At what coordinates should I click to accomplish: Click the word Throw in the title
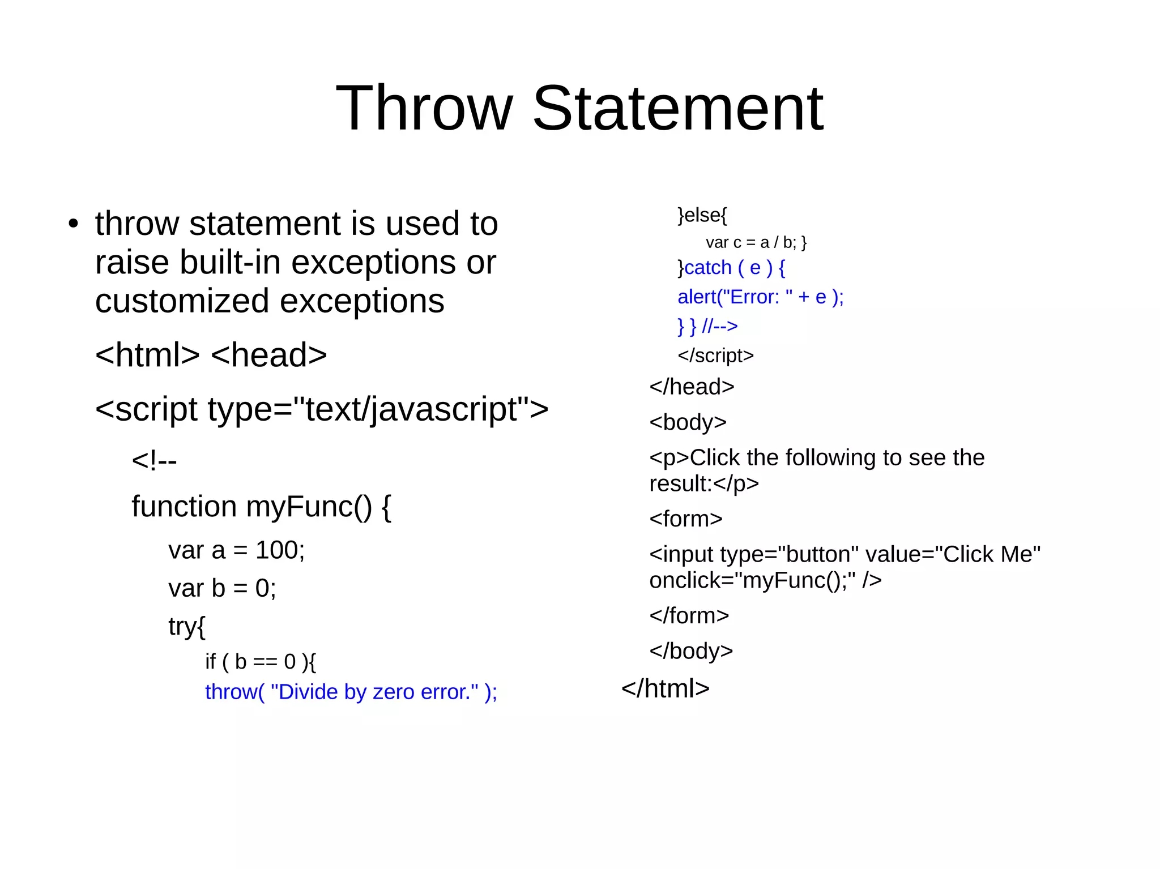coord(424,108)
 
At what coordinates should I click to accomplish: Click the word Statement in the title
coord(677,108)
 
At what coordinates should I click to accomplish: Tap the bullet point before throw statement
coord(73,224)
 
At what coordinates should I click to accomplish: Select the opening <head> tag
coord(268,355)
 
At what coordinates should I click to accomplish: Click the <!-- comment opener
coord(154,460)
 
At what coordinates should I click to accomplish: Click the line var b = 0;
coord(222,588)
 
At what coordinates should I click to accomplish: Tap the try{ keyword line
coord(187,626)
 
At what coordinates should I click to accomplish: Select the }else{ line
coord(702,215)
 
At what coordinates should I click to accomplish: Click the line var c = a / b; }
coord(756,242)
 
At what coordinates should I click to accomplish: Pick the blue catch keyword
coord(708,268)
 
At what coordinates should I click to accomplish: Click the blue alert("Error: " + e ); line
coord(760,297)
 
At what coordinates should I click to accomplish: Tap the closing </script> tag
coord(715,356)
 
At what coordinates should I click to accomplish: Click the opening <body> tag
coord(688,422)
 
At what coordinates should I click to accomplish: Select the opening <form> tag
coord(685,519)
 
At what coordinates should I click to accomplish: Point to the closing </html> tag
coord(665,688)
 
